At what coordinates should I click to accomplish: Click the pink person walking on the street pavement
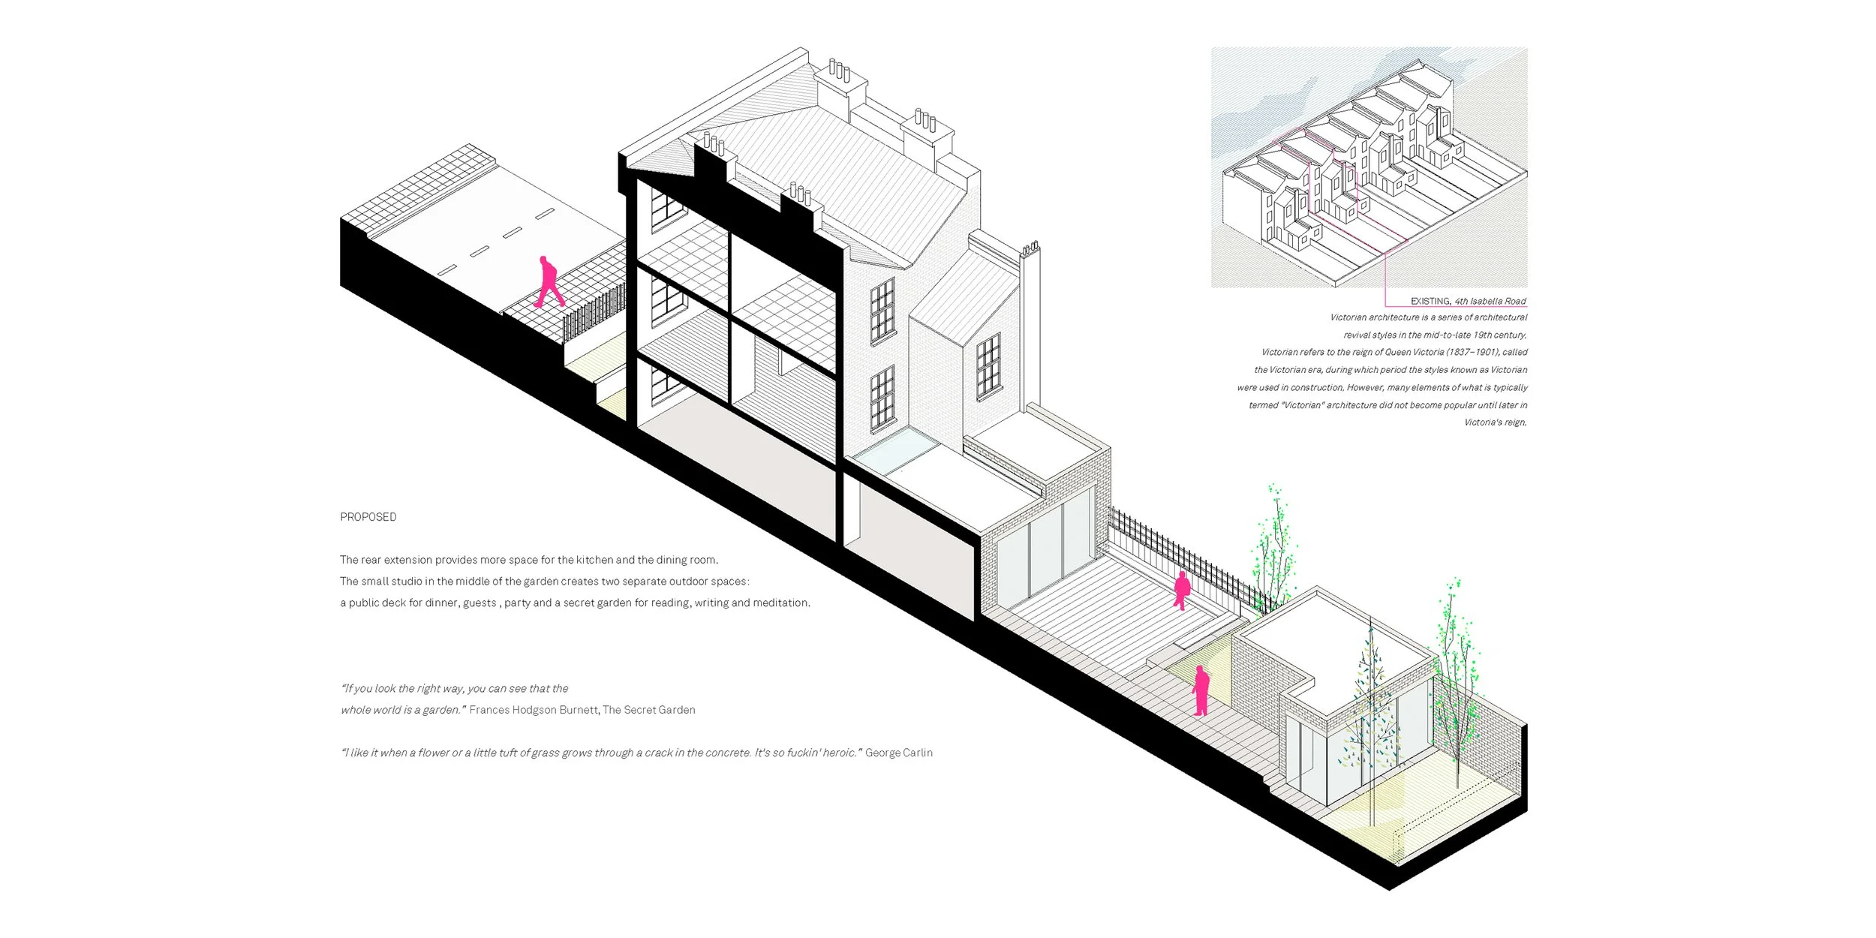tap(549, 282)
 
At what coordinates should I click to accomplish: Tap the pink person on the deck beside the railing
tap(1182, 591)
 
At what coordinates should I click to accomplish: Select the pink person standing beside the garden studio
tap(1201, 690)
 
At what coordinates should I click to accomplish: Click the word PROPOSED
tap(368, 517)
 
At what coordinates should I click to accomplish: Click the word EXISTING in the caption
tap(1430, 301)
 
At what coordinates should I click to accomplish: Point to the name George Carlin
tap(899, 753)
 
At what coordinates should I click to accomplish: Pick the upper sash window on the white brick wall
tap(882, 311)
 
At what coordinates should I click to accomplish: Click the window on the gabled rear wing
tap(988, 366)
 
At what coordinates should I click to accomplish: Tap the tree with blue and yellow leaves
tap(1370, 713)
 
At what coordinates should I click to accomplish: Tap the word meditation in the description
tap(781, 603)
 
